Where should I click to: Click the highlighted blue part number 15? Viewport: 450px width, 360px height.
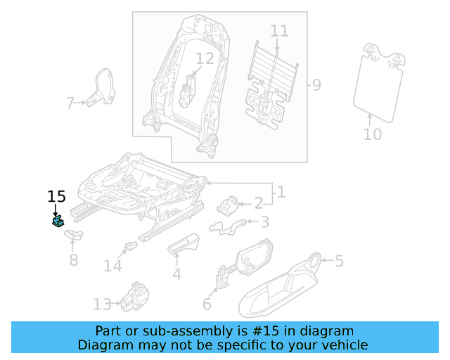58,222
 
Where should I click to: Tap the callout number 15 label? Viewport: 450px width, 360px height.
56,196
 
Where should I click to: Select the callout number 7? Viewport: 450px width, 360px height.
70,104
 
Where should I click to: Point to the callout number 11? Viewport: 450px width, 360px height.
279,31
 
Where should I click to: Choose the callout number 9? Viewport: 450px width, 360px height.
316,86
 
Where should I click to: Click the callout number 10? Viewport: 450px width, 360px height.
373,134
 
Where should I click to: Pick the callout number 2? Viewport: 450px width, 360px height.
258,203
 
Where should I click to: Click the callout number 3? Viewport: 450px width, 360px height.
264,223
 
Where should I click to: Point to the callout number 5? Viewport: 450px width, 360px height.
339,262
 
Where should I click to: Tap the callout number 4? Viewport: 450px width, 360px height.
176,274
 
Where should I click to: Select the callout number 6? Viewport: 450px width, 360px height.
207,304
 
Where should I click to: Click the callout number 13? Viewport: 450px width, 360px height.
102,304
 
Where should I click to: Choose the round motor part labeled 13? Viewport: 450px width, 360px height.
134,296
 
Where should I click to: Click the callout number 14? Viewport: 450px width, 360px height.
112,266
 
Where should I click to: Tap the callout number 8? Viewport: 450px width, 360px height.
73,261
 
